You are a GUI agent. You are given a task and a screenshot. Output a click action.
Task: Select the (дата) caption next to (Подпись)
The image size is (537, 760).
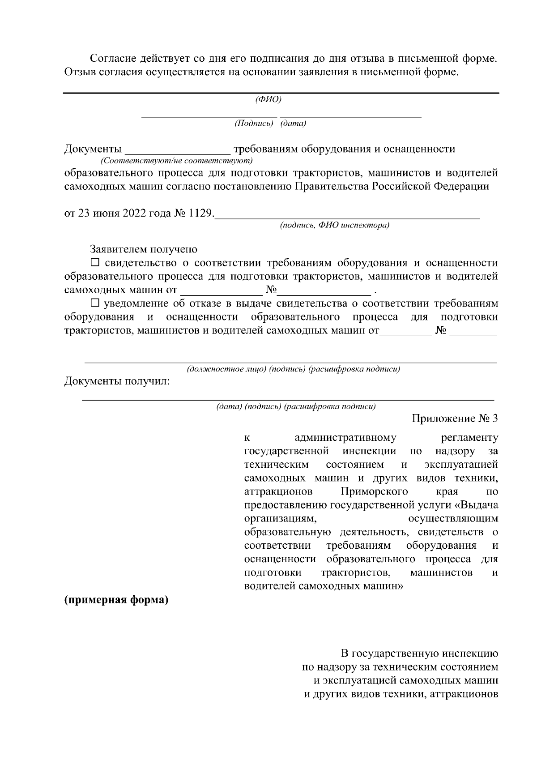point(293,124)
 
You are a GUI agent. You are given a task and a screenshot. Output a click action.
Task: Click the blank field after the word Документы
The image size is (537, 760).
point(177,150)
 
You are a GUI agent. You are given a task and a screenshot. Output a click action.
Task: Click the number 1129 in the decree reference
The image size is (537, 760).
point(200,213)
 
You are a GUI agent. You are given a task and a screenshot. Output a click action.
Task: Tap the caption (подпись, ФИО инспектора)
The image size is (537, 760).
point(335,225)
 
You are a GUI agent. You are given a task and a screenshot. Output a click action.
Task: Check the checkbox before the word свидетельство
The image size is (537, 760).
point(95,262)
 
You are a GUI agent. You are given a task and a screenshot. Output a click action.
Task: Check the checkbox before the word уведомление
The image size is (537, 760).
point(95,303)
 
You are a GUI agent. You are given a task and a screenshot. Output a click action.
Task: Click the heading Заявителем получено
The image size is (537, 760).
point(144,249)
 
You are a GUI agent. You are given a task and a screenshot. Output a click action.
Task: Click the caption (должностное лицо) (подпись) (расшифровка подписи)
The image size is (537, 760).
point(293,369)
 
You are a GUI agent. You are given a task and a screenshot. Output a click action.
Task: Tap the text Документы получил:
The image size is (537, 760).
point(117,381)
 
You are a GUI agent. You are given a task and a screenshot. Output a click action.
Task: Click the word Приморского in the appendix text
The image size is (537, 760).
point(374,492)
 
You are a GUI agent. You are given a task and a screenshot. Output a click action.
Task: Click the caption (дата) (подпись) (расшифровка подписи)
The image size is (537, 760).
point(296,407)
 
